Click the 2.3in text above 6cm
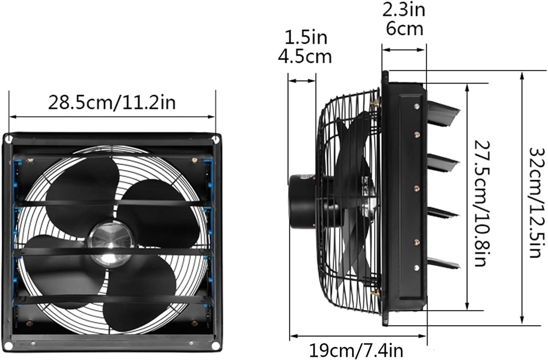[x=404, y=10]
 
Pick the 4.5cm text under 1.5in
[x=305, y=56]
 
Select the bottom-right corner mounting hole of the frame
[x=215, y=346]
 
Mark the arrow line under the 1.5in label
[x=302, y=81]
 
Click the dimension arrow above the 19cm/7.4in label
[x=357, y=337]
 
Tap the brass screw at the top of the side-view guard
[x=376, y=101]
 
